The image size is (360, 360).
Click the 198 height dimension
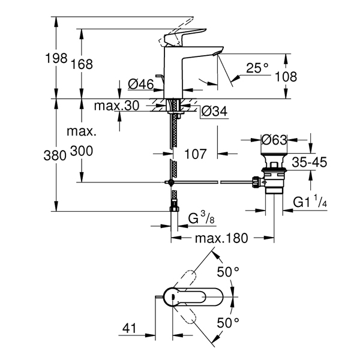56,58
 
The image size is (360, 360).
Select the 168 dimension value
82,64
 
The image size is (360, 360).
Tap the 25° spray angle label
257,68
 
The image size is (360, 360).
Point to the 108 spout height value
286,76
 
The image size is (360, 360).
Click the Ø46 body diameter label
141,84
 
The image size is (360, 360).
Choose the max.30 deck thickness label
116,106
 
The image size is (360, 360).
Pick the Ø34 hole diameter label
214,112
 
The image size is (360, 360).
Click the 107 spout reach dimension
196,154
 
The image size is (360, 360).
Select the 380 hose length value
55,155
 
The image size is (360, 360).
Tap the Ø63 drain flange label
274,140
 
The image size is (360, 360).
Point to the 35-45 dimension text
309,163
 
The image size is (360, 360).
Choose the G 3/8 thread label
202,218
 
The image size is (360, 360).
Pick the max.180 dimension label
221,238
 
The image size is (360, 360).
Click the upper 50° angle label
228,272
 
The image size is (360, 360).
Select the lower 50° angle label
228,323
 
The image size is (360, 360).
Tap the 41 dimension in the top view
129,328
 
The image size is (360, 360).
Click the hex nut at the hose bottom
174,209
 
